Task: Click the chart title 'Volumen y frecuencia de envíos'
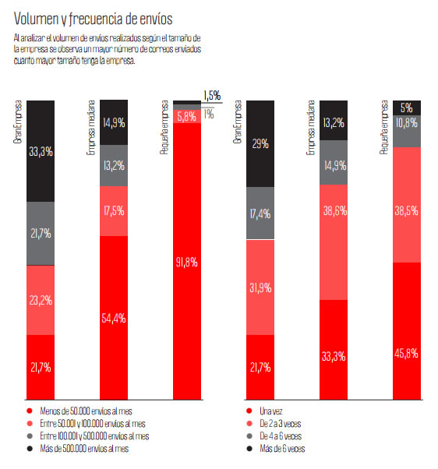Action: point(94,17)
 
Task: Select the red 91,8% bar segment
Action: point(186,262)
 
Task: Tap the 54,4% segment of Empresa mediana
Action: point(114,318)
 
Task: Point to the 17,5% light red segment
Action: point(114,210)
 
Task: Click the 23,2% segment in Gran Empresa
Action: point(40,300)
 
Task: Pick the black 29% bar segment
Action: point(260,143)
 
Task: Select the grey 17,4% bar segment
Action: point(260,213)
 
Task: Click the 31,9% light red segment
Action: point(260,287)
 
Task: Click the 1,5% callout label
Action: point(212,96)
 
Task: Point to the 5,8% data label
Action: point(186,116)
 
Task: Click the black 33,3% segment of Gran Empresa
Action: point(40,150)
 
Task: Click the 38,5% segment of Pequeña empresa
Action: point(406,204)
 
